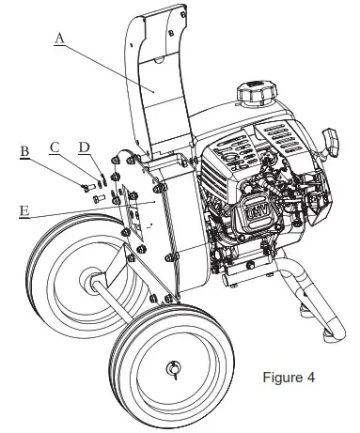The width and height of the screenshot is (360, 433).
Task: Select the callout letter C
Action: [x=55, y=147]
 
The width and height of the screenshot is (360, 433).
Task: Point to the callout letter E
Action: [x=24, y=212]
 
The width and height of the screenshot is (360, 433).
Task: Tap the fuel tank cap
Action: [x=254, y=94]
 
